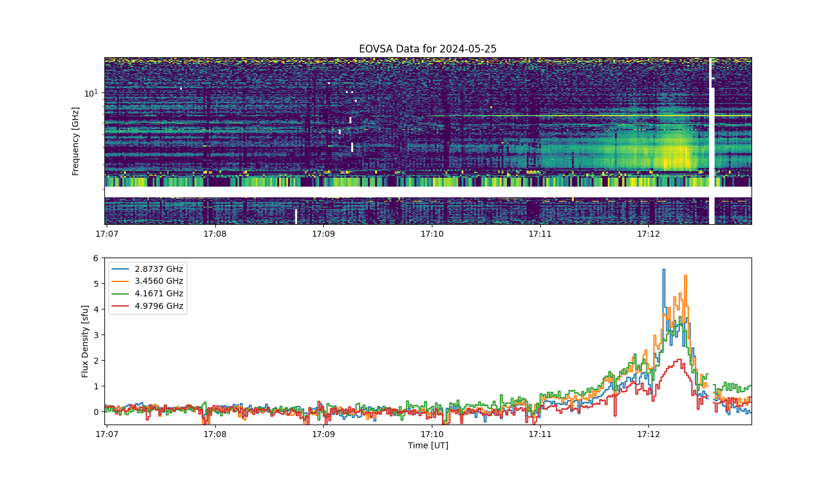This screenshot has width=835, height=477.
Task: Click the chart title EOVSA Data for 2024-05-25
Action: [428, 49]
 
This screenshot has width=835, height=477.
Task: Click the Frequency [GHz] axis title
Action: [75, 141]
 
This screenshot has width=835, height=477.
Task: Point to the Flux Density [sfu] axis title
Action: [85, 341]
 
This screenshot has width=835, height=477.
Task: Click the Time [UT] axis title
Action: [428, 445]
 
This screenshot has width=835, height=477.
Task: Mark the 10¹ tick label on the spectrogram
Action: [91, 93]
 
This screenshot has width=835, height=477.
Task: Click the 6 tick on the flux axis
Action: [96, 258]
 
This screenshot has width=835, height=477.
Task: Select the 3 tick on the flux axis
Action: [96, 335]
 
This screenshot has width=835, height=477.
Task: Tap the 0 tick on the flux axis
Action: [96, 412]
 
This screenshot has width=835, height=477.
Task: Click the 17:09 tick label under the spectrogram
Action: [323, 234]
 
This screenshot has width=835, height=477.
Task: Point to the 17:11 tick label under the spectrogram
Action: [540, 234]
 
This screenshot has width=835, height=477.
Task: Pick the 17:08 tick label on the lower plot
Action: [215, 434]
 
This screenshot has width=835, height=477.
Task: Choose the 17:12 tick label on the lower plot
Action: [649, 434]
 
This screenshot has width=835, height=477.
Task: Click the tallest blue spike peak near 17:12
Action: [663, 270]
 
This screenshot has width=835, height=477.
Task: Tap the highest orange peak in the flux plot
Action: [685, 275]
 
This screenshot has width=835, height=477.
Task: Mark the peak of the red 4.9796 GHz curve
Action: [679, 359]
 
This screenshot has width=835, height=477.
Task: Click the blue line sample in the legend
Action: [120, 269]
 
